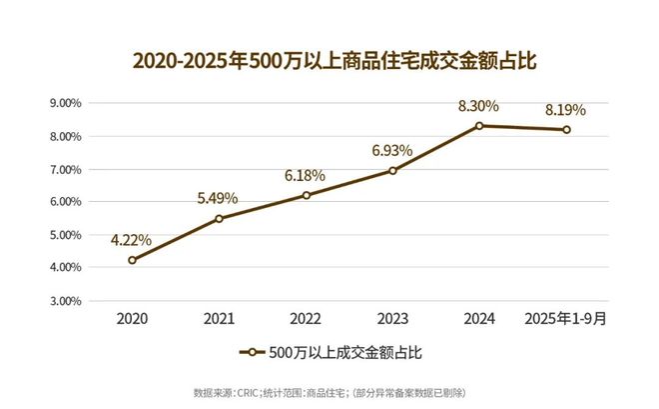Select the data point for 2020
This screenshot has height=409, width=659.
coord(132,260)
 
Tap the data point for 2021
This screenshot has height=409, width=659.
coord(219,218)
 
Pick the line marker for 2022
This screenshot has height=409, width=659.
coord(306,195)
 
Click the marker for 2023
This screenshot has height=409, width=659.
coord(392,171)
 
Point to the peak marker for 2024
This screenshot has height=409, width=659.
coord(479,126)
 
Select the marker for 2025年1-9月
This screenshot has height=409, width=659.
coord(566,129)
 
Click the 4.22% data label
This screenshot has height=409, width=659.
coord(132,239)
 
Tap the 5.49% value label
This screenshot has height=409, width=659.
coord(219,197)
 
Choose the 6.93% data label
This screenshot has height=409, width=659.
coord(392,150)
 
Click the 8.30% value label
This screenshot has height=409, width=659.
coord(479,104)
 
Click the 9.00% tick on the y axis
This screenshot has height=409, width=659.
coord(66,103)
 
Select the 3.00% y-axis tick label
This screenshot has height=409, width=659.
coord(66,300)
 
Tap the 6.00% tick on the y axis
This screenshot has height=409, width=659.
coord(66,202)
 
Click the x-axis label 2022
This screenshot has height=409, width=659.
coord(306,319)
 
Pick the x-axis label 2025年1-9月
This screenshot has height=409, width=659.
coord(566,319)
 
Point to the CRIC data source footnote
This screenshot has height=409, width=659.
coord(329,391)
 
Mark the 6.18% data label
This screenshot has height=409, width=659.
coord(306,175)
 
